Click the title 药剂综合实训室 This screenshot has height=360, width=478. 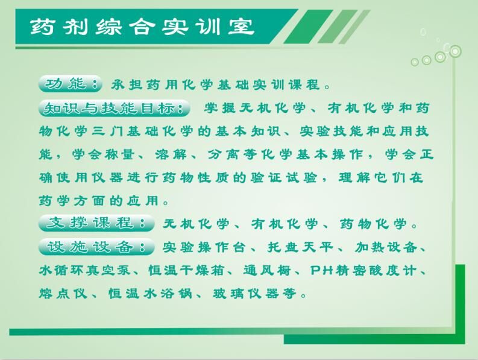(142, 27)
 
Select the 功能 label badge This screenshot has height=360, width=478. (70, 84)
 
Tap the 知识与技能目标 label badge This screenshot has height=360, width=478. (115, 108)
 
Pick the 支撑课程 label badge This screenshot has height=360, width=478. (96, 223)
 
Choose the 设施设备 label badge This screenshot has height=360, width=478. (96, 247)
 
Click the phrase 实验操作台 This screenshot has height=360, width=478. (204, 247)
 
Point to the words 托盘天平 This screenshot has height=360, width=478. (300, 247)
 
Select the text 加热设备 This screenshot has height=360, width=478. (386, 247)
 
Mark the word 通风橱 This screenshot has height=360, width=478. (267, 270)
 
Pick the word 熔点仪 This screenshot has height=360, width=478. (63, 294)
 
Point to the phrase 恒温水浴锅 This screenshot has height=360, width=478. (150, 294)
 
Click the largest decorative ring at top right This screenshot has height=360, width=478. (455, 51)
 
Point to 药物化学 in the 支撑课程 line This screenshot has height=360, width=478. (373, 224)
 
